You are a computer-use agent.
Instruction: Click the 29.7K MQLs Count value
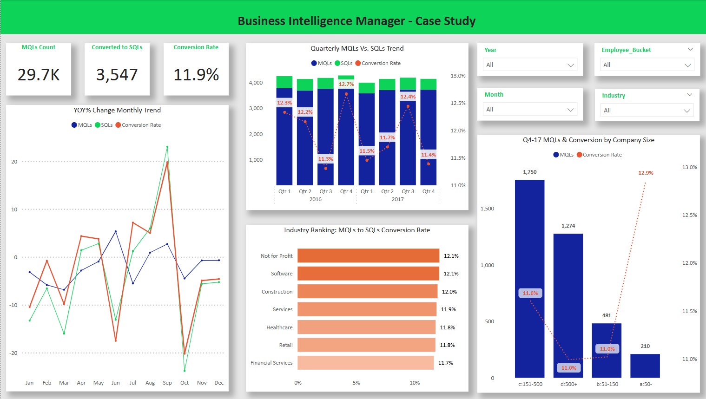[x=39, y=75]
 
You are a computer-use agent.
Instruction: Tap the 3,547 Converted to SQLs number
[x=117, y=75]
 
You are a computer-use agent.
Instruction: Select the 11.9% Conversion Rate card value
[x=196, y=75]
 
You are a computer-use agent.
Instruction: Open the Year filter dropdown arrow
[x=570, y=65]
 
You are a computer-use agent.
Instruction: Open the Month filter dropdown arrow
[x=570, y=110]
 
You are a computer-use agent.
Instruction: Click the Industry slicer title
[x=613, y=96]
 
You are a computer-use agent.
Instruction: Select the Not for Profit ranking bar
[x=368, y=256]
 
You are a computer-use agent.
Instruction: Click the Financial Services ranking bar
[x=365, y=363]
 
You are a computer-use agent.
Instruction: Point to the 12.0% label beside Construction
[x=449, y=292]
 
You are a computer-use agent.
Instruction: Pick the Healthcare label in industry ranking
[x=279, y=327]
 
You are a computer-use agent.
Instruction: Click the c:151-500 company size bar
[x=529, y=279]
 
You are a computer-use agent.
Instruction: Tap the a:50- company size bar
[x=645, y=366]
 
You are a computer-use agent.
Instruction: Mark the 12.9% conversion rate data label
[x=646, y=173]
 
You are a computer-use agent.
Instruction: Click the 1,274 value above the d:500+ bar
[x=568, y=226]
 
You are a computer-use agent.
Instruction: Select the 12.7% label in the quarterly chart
[x=346, y=84]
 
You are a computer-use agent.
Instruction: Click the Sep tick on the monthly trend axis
[x=167, y=383]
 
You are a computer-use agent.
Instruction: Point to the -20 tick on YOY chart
[x=14, y=353]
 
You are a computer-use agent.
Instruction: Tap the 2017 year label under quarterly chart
[x=398, y=199]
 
